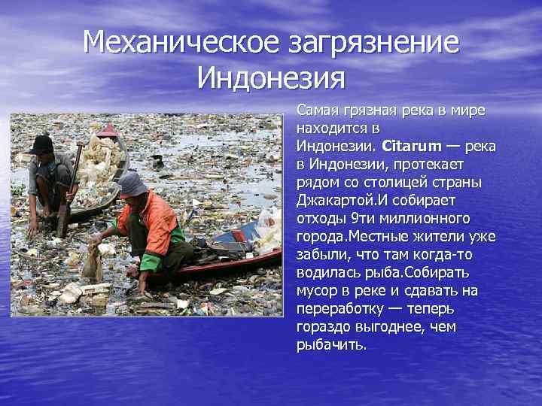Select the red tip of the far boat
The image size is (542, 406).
[108, 130]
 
